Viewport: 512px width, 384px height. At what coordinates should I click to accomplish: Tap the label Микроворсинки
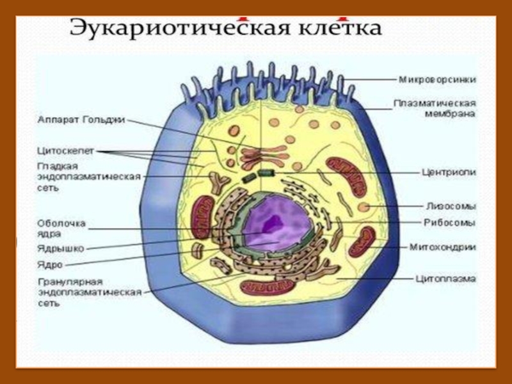(437, 80)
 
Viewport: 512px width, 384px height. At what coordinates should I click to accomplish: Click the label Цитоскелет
(65, 150)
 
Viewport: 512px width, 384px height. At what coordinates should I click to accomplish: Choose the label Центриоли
(445, 172)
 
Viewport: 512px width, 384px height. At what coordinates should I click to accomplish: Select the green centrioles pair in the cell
(257, 173)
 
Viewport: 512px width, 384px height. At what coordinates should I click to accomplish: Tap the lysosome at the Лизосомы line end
(364, 207)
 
